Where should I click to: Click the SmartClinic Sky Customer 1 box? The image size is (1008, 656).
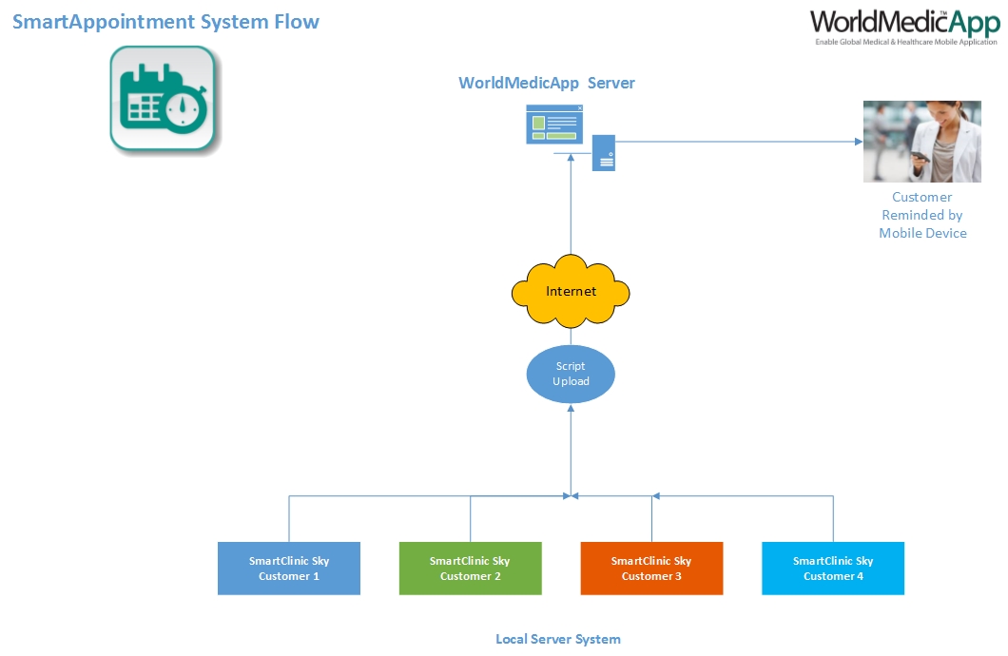(x=289, y=569)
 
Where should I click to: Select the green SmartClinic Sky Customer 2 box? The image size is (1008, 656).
(x=470, y=569)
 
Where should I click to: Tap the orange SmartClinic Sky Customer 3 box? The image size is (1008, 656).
(x=651, y=569)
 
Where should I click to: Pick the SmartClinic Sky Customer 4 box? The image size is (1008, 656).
(x=833, y=569)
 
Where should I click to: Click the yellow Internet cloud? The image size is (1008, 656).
(x=571, y=290)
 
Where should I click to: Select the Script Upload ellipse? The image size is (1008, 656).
(x=571, y=374)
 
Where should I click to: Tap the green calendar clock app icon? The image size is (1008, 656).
(x=163, y=98)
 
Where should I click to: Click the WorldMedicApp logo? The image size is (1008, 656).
(x=903, y=22)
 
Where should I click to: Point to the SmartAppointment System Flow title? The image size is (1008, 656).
(x=165, y=21)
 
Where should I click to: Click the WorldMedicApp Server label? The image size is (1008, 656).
(x=547, y=83)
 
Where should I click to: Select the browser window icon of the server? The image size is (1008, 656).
(x=554, y=125)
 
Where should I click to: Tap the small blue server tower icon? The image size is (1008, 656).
(x=604, y=152)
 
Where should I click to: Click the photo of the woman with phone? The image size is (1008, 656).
(x=921, y=142)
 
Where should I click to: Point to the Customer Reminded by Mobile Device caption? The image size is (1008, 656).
(x=922, y=215)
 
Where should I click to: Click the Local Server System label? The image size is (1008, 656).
(x=558, y=639)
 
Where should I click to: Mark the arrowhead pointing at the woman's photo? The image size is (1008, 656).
(x=857, y=142)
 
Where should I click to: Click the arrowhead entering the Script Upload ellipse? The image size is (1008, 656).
(x=571, y=407)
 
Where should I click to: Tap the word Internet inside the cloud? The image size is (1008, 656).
(x=571, y=291)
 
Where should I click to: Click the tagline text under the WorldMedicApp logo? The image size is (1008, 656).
(x=906, y=42)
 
